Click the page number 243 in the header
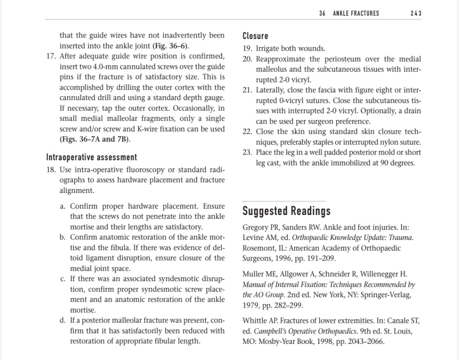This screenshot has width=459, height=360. click(x=416, y=13)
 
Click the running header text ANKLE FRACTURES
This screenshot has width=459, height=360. click(x=356, y=13)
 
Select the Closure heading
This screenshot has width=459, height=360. click(x=255, y=36)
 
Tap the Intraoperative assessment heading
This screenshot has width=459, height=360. click(x=91, y=157)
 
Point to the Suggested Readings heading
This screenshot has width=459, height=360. click(x=286, y=210)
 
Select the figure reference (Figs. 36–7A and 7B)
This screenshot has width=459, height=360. click(x=95, y=139)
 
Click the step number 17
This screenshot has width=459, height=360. click(x=51, y=56)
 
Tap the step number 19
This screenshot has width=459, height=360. click(x=247, y=48)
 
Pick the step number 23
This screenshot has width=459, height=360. click(x=247, y=152)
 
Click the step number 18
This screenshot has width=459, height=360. click(x=51, y=170)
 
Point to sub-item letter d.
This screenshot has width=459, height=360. click(x=62, y=321)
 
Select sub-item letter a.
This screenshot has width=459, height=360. click(x=62, y=206)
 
